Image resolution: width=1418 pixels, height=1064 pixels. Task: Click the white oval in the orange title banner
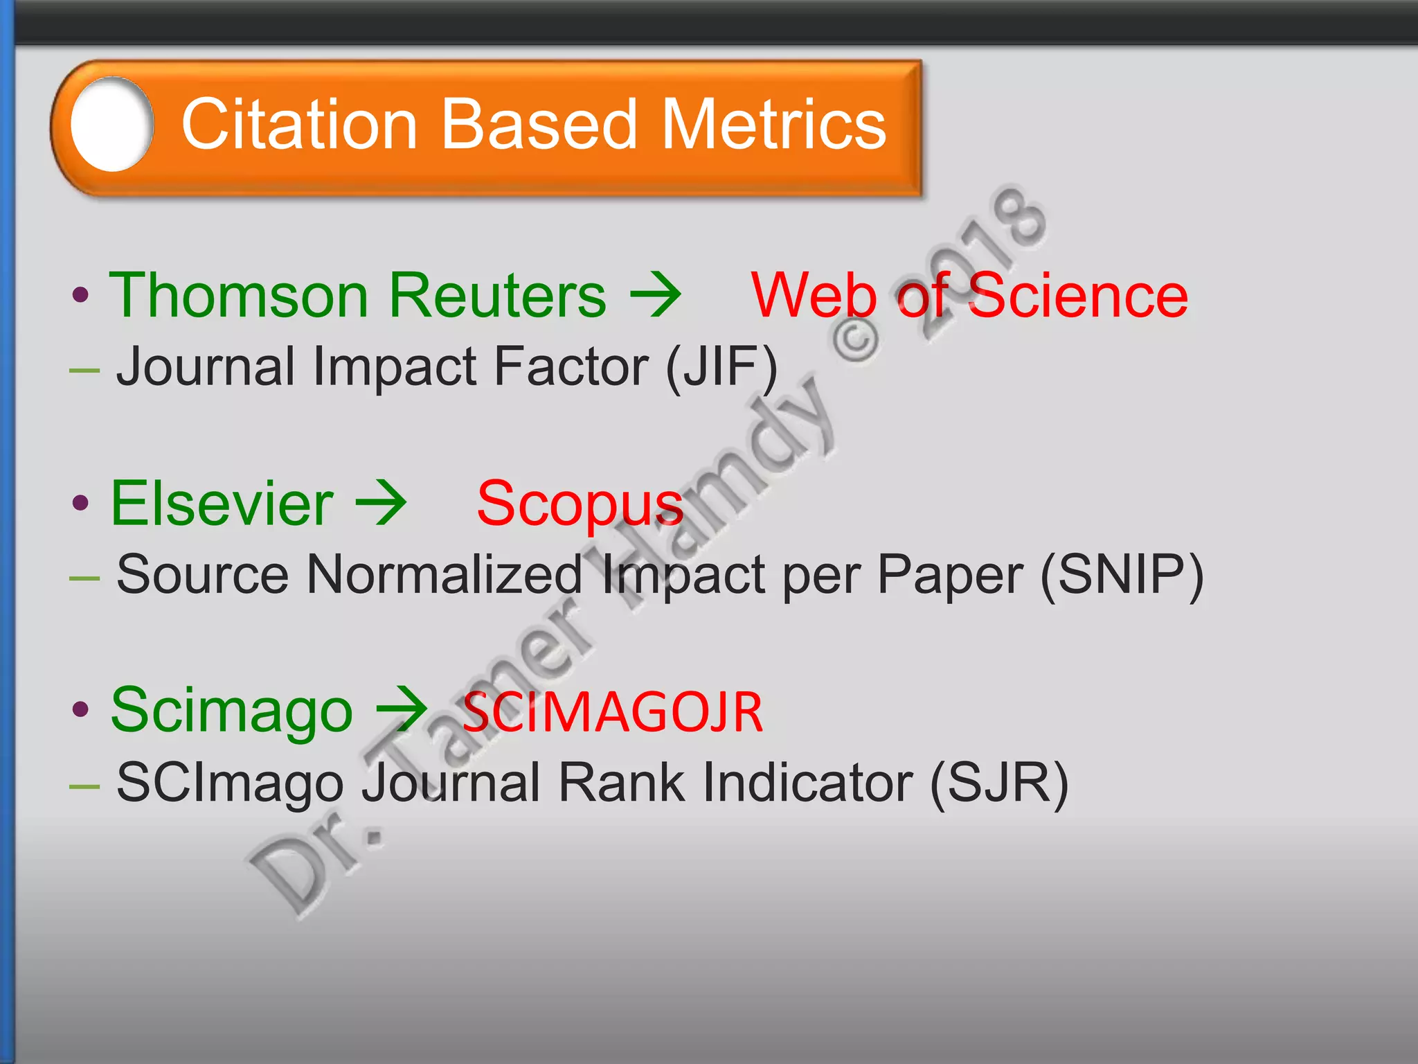[111, 125]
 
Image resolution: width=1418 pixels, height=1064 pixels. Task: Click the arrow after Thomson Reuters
[655, 296]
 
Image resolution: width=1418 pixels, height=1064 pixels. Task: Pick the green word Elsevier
[222, 504]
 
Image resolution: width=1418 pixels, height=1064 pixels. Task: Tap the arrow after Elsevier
[381, 504]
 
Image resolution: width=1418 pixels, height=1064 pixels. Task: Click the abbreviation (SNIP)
[1122, 575]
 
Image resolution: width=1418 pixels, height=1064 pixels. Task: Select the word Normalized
[444, 575]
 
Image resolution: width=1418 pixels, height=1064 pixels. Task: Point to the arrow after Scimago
[402, 710]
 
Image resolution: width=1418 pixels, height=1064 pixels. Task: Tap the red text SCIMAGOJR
[613, 713]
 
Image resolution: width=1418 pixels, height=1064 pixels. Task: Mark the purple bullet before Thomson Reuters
[81, 296]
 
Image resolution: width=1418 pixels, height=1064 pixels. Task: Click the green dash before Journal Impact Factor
[84, 371]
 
